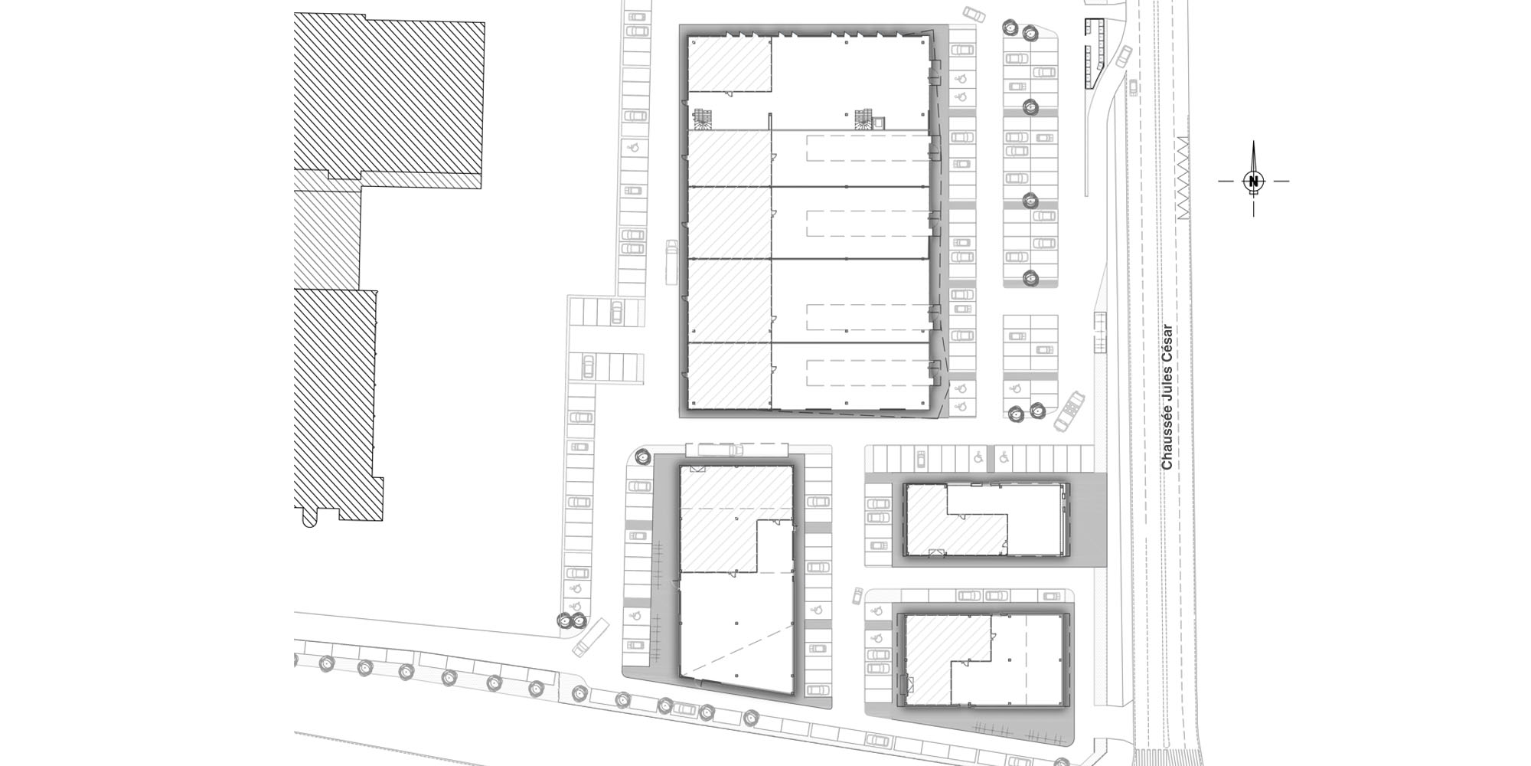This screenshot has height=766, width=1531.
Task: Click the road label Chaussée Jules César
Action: [1167, 397]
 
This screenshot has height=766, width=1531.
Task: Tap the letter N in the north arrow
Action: [1253, 182]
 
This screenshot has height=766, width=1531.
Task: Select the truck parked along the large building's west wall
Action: [672, 260]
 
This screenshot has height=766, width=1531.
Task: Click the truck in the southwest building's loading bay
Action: [714, 449]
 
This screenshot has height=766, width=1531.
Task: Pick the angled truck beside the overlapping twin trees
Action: [591, 637]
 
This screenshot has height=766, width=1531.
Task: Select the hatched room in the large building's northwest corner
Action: [730, 67]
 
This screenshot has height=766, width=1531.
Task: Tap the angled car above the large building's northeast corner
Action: [974, 15]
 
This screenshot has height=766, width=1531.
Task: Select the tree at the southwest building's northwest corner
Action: [641, 457]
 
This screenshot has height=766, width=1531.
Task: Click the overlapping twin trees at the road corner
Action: [570, 621]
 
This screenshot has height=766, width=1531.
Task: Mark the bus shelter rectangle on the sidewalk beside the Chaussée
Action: [1101, 332]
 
